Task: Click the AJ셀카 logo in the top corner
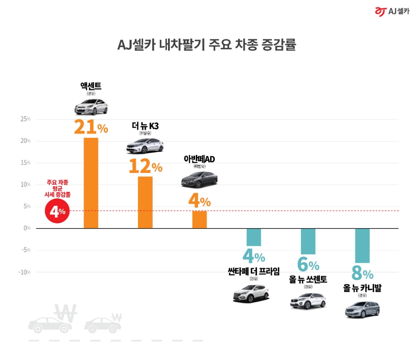pos(392,11)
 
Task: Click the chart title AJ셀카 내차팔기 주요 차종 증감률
pos(206,45)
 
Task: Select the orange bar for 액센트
pos(91,183)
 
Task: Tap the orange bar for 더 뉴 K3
pos(145,202)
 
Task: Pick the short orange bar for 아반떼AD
pos(199,219)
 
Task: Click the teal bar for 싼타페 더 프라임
pos(254,237)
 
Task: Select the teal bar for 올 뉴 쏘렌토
pos(308,241)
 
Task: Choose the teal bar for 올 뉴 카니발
pos(362,246)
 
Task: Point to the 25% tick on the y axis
pos(25,119)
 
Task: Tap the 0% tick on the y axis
pos(27,228)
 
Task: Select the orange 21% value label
pos(91,127)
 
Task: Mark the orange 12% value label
pos(145,167)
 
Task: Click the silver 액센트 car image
pos(91,108)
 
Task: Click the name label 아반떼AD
pos(199,159)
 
